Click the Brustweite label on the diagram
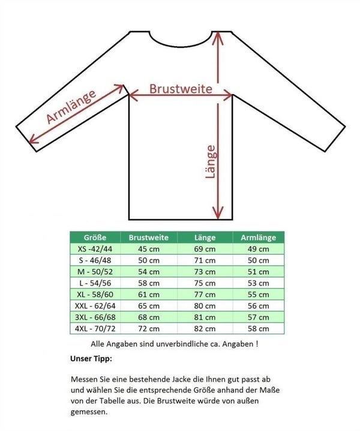[181, 89]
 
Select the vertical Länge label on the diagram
[210, 162]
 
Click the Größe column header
[95, 237]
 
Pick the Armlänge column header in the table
[258, 237]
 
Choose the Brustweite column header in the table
[149, 237]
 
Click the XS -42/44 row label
[95, 249]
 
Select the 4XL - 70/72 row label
[95, 328]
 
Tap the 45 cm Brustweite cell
[149, 249]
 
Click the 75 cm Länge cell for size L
[205, 283]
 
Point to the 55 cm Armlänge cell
[258, 294]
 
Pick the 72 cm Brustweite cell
[149, 328]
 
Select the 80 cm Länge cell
[205, 306]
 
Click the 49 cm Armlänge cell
[258, 249]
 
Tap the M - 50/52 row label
[95, 272]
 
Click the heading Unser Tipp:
[91, 359]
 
